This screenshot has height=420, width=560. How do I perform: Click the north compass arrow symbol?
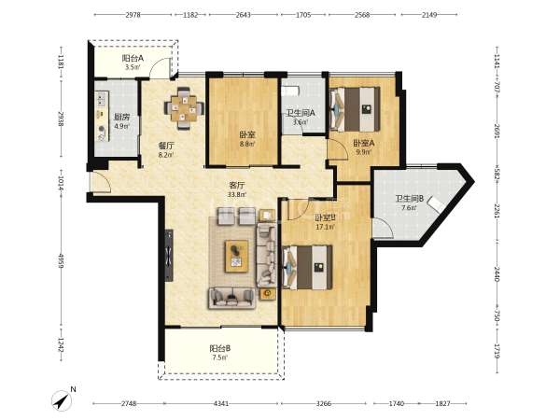point(62,400)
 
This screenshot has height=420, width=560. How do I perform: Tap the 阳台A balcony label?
point(133,58)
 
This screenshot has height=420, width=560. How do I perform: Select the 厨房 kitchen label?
point(121,118)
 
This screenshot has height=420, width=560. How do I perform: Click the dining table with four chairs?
point(184,108)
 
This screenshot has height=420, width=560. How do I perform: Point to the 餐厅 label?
point(166,146)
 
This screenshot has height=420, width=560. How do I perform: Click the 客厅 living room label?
point(237,186)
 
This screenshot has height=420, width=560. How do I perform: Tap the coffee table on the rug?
point(236,256)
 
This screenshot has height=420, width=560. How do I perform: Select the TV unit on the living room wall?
point(169,255)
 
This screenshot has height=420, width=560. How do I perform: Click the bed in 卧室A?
point(355,109)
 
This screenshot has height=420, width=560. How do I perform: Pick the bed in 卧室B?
point(307,267)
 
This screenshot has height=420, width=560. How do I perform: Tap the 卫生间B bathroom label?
point(410,199)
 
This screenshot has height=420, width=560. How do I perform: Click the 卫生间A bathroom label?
point(301,113)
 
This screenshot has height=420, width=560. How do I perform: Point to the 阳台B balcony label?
point(219,348)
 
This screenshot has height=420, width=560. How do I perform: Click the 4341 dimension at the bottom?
point(221,403)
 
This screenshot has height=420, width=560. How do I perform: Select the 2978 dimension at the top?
point(133,15)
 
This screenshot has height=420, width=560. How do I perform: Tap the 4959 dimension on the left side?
point(61,261)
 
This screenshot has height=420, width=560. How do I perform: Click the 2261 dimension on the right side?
point(497,210)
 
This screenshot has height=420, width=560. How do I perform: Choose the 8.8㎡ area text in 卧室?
point(246,145)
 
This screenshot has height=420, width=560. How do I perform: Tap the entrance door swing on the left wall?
point(101,182)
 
